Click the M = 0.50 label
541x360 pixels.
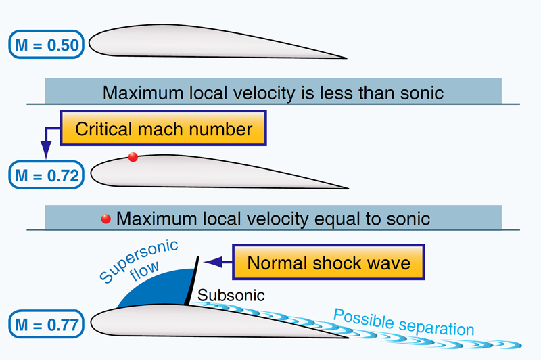[x=46, y=45]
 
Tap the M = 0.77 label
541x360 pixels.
[x=46, y=324]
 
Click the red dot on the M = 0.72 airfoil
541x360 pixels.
[x=133, y=158]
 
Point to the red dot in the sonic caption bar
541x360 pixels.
[x=105, y=219]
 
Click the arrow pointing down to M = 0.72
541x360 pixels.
[x=45, y=150]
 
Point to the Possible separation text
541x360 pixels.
[x=403, y=323]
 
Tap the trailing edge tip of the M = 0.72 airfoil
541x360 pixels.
[x=348, y=187]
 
